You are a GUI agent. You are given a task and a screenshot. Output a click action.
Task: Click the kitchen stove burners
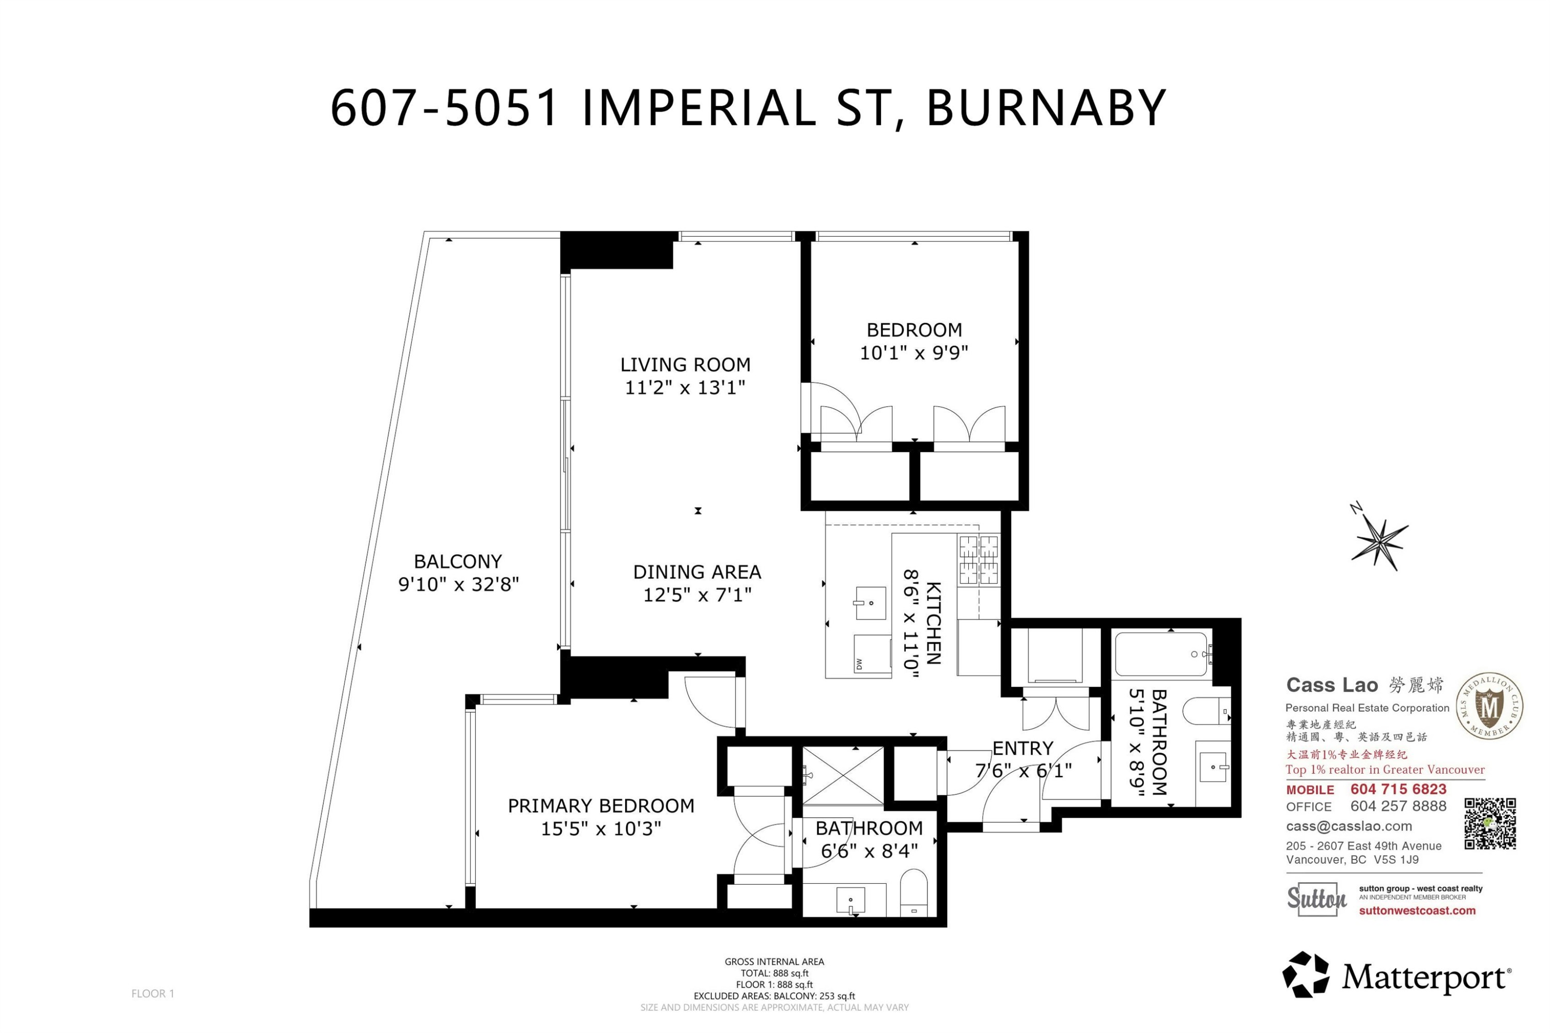pyautogui.click(x=978, y=560)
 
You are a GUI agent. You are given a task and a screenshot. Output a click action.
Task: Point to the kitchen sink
pyautogui.click(x=870, y=603)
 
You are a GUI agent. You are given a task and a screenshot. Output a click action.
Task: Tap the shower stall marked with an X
pyautogui.click(x=843, y=775)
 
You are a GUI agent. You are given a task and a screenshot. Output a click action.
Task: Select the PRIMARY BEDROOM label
pyautogui.click(x=600, y=806)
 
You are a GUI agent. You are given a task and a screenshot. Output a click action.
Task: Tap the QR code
pyautogui.click(x=1490, y=823)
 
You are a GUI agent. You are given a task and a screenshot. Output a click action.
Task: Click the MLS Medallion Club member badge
pyautogui.click(x=1489, y=706)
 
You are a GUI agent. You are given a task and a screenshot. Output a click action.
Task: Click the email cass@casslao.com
pyautogui.click(x=1349, y=826)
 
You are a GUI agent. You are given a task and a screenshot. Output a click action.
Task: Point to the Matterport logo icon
pyautogui.click(x=1305, y=974)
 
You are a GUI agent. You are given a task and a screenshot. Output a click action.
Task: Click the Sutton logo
pyautogui.click(x=1316, y=899)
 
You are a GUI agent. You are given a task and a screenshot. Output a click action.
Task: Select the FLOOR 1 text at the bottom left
pyautogui.click(x=152, y=993)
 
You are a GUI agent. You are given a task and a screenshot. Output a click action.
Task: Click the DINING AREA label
pyautogui.click(x=696, y=572)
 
